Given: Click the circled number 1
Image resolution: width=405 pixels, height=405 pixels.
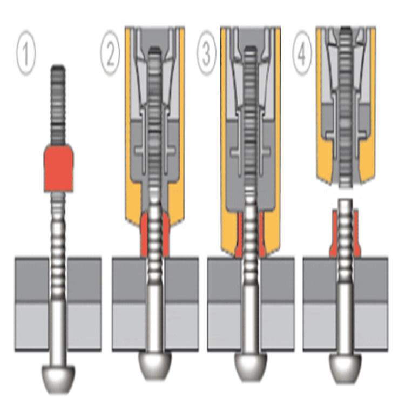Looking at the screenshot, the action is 25,53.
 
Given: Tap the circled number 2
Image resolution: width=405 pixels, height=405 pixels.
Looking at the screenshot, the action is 110,53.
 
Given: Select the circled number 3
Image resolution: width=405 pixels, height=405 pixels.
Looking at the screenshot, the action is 206,53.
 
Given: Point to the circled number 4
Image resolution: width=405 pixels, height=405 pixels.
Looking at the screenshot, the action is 302,53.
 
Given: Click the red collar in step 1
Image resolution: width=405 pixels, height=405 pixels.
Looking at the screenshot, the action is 59,168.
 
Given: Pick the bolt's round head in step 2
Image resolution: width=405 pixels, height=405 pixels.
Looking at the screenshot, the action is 155,365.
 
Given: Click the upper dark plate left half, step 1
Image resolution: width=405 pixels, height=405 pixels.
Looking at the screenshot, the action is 31,280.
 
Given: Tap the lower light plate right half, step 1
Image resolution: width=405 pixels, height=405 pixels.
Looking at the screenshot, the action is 84,327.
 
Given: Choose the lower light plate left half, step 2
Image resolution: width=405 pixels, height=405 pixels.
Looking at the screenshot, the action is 129,327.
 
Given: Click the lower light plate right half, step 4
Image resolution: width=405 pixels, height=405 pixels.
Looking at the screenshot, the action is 371,327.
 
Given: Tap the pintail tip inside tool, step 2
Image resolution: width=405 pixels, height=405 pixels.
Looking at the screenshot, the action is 155,50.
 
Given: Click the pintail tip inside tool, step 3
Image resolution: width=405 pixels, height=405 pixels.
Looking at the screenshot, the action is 250,50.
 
